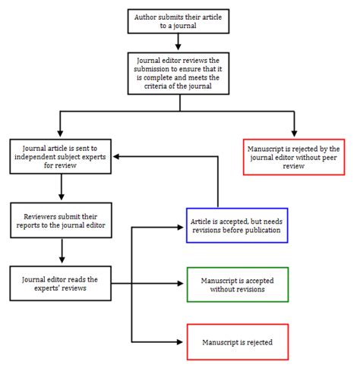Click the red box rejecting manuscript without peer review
[x=294, y=156]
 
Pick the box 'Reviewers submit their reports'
[x=61, y=220]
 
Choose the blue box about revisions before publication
[x=236, y=225]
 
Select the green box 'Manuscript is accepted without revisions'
[x=236, y=285]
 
